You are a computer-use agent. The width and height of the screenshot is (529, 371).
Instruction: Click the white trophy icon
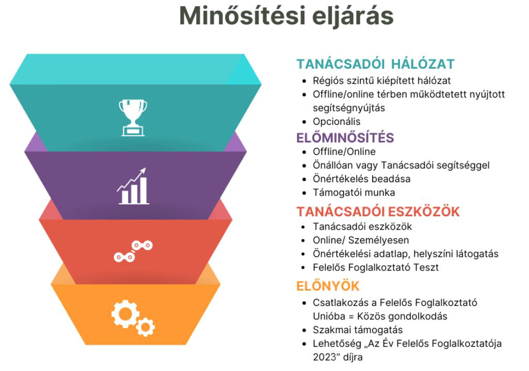tap(133, 117)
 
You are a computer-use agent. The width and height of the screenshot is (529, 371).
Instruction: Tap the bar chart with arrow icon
tap(133, 186)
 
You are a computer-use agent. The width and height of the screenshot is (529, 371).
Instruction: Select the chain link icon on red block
tap(133, 251)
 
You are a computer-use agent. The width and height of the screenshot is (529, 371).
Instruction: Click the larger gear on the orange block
tap(125, 314)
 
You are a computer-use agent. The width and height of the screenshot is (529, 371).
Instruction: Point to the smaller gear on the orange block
tap(146, 327)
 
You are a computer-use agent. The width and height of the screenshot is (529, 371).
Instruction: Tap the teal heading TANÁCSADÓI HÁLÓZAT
tap(376, 64)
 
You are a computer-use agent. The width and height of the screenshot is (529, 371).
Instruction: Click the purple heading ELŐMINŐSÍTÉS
tap(345, 138)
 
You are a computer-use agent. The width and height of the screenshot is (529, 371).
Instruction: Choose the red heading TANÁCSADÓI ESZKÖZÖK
tap(378, 212)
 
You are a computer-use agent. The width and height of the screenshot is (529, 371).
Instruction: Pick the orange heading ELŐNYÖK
tap(328, 286)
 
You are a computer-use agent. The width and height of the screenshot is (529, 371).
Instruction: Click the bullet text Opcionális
tap(336, 121)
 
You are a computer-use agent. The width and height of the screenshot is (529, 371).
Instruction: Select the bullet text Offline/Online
tap(344, 152)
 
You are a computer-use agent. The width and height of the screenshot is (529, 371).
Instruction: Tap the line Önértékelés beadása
tap(361, 179)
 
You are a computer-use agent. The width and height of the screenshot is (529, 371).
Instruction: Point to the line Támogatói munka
tap(354, 192)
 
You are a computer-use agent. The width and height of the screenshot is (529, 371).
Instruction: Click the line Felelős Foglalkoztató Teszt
tap(376, 267)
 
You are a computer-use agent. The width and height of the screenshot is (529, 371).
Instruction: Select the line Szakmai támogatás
tap(358, 330)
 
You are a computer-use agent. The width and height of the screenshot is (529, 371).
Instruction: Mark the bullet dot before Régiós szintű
tap(304, 82)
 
